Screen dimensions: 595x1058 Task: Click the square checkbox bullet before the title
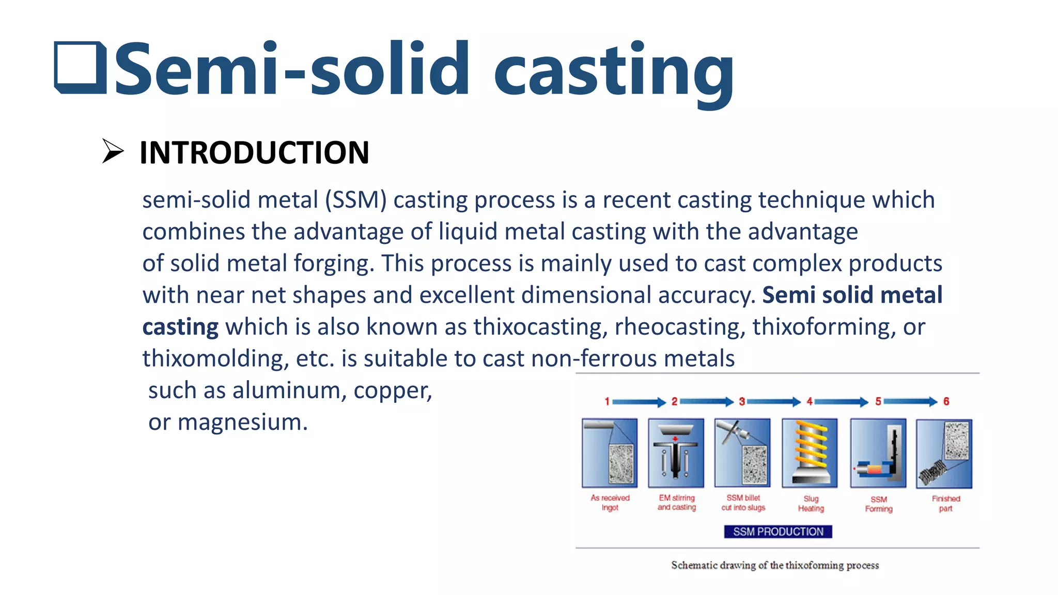coord(80,68)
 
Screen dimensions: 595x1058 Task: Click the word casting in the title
coord(614,71)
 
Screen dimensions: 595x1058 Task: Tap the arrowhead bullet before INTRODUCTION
coord(113,151)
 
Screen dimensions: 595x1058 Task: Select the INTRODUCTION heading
coord(254,153)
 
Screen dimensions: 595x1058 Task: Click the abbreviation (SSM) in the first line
coord(355,200)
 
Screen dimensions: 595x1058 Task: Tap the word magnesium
coord(243,422)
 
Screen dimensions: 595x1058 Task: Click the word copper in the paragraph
coord(392,390)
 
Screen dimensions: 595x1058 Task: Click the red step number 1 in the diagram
coord(607,401)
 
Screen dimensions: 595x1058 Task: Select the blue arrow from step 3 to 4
coord(774,401)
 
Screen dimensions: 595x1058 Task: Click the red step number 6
coord(946,401)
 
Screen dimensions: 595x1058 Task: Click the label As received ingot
coord(610,503)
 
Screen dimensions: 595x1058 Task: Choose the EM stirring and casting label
coord(677,503)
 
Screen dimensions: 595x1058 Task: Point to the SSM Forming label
coord(879,504)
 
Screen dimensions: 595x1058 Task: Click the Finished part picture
coord(944,453)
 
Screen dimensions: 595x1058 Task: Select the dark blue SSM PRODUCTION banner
coord(778,531)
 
